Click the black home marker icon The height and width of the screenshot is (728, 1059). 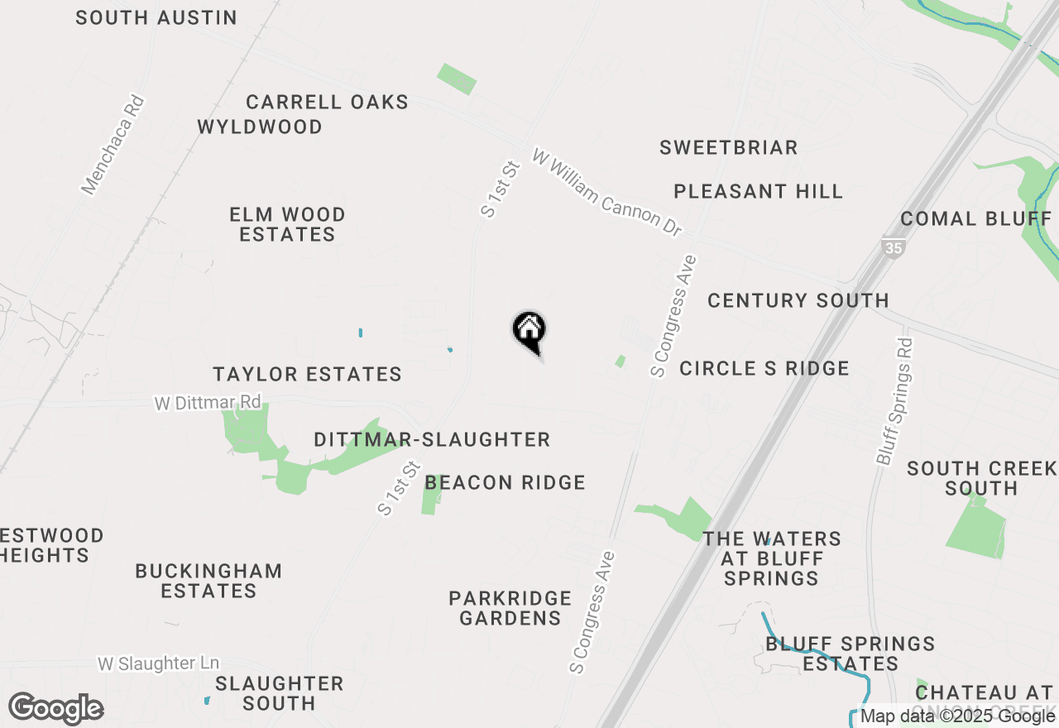pos(529,331)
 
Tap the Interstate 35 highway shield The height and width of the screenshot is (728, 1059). pos(893,247)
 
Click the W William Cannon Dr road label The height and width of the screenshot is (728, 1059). pos(607,192)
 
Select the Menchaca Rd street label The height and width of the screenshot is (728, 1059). pos(113,146)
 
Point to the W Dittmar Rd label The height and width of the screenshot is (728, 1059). pos(207,403)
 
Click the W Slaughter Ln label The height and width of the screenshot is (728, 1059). pos(159,663)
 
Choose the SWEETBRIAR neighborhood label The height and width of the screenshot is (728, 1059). pos(728,148)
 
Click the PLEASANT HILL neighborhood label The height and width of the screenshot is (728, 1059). pos(758,192)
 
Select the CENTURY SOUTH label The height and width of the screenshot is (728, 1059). pos(798,300)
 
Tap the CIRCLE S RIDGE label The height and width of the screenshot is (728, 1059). pos(764,368)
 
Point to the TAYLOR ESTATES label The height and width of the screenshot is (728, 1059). pos(307,375)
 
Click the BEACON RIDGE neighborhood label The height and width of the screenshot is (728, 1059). pos(505,482)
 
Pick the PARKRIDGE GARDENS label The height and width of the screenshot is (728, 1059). pos(510,608)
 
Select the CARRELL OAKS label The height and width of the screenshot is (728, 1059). pos(327,103)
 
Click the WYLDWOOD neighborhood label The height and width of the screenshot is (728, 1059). pos(260,127)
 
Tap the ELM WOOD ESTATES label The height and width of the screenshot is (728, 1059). pos(287,225)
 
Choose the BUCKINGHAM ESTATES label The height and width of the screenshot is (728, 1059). pos(208,581)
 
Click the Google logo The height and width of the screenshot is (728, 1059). pos(56,708)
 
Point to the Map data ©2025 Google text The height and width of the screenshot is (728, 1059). pos(957,716)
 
